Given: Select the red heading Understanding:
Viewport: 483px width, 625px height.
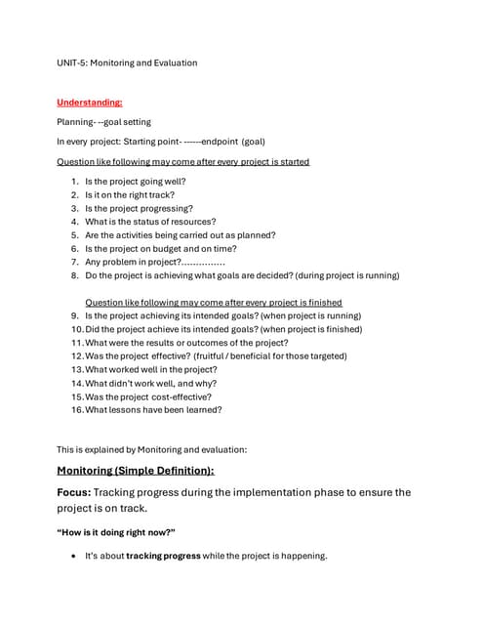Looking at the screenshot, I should [90, 102].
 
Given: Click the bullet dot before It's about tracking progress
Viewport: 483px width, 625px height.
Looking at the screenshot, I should [74, 557].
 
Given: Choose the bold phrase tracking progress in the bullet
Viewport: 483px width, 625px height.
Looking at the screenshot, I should [164, 557].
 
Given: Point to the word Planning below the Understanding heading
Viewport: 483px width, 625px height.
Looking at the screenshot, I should [74, 122].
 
